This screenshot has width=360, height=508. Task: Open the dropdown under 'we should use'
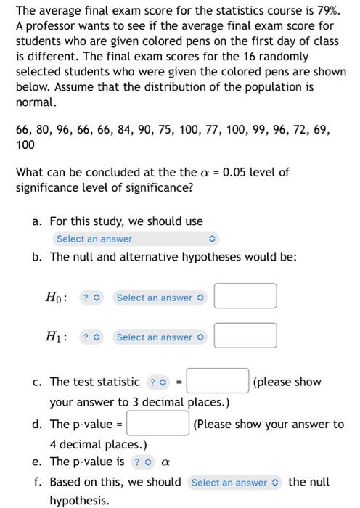tap(136, 239)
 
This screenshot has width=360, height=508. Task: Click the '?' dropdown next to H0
tap(91, 298)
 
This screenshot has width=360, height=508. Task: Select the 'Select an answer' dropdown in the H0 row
tap(160, 298)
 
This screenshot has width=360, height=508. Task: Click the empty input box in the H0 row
tap(245, 297)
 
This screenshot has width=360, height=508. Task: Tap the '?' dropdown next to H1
tap(91, 337)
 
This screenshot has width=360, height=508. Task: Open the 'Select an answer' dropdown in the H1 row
tap(160, 337)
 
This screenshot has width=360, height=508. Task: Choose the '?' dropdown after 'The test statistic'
tap(157, 382)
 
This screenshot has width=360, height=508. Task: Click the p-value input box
tap(159, 424)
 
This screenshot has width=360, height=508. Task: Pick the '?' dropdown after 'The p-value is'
tap(142, 462)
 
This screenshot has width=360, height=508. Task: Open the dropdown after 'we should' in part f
tap(236, 482)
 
